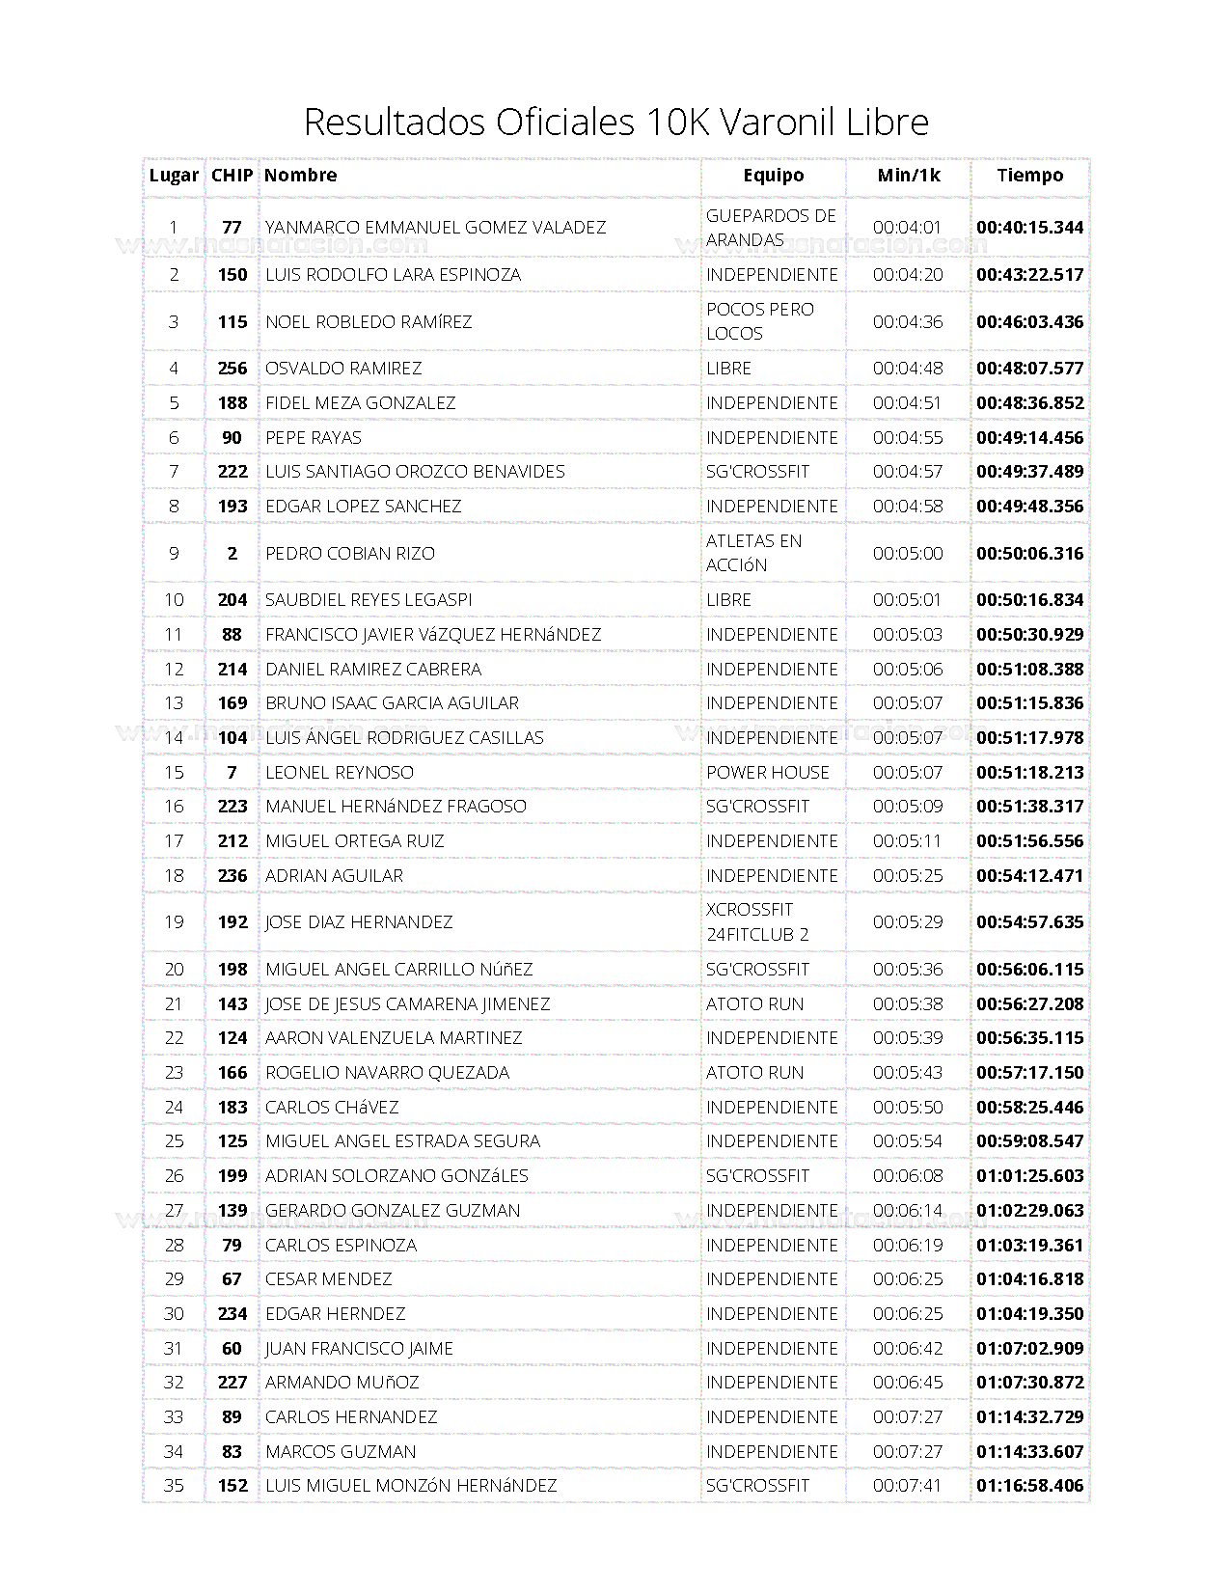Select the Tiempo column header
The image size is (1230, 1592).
pos(1029,176)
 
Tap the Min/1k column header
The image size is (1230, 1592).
pos(908,176)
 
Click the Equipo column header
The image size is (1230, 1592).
pos(773,176)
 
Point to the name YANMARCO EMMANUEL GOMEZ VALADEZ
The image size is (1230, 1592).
pos(435,228)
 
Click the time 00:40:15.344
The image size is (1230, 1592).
pos(1029,228)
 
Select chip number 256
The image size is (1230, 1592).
pos(232,369)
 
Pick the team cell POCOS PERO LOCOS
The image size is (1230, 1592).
pos(759,321)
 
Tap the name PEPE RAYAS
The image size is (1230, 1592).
pos(313,438)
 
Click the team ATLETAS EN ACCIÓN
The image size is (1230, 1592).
pos(753,553)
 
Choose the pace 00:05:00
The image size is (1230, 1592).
pos(907,554)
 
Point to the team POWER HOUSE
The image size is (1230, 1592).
pos(767,773)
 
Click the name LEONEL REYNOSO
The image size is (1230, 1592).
pos(339,773)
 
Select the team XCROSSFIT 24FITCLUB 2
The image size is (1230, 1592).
pos(756,922)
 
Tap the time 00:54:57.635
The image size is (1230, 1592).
pos(1029,922)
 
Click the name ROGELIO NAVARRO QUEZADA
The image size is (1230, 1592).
pos(387,1073)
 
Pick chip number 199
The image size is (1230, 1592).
pos(232,1176)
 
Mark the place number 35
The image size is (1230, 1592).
pos(174,1486)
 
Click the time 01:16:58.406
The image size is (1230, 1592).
pos(1029,1486)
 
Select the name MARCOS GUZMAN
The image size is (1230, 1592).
pos(341,1452)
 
